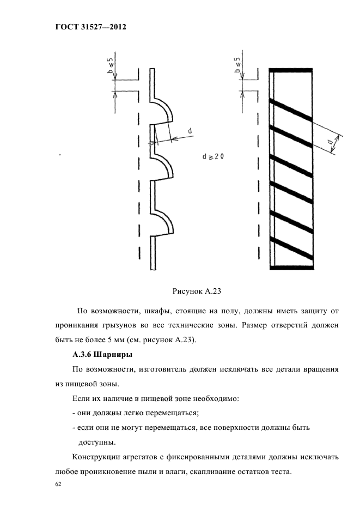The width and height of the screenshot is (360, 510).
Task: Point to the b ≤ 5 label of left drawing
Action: click(x=109, y=64)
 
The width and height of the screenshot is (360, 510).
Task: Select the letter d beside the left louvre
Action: click(x=189, y=131)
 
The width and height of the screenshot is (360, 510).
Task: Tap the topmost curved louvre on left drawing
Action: click(x=164, y=111)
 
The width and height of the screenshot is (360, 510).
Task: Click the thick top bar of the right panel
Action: click(x=290, y=70)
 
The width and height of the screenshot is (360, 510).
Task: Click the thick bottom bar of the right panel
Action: click(x=290, y=268)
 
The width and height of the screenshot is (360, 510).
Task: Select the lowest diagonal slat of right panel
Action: click(x=291, y=248)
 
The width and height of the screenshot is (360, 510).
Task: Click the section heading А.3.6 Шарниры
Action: click(x=105, y=355)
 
